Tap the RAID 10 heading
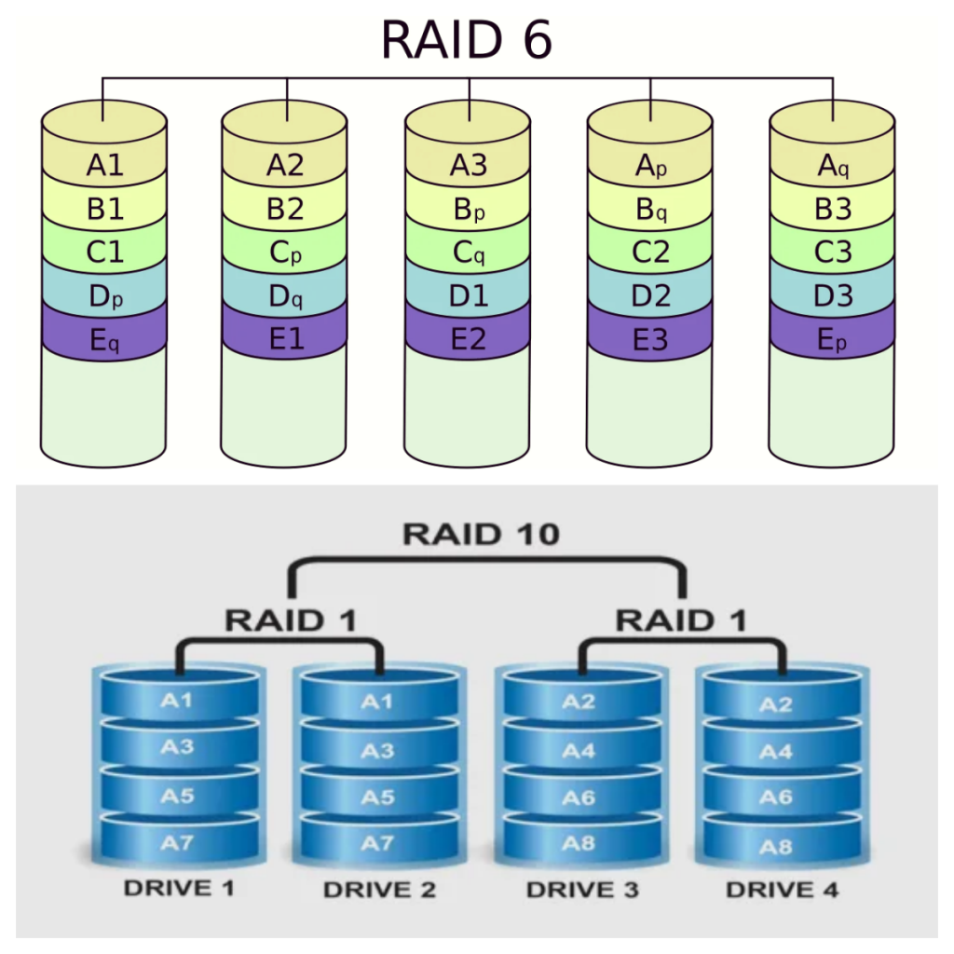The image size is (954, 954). [x=481, y=534]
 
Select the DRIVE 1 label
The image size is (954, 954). [x=178, y=888]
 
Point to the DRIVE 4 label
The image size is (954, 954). [x=782, y=890]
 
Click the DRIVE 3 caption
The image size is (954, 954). [x=582, y=890]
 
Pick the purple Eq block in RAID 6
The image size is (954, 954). [x=104, y=341]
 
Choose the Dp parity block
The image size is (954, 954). [x=104, y=297]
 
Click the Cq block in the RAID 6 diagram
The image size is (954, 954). [x=469, y=253]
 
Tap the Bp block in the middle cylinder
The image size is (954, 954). [x=469, y=210]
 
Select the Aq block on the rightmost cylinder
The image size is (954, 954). [x=833, y=166]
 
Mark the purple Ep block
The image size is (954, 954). [x=833, y=341]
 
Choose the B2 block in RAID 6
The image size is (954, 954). [x=285, y=210]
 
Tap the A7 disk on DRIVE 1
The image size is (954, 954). [x=177, y=843]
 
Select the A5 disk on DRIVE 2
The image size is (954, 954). [x=376, y=797]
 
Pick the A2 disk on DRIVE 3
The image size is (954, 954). [x=579, y=702]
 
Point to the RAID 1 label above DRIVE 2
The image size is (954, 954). [x=291, y=620]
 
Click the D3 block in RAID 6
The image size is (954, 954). [x=833, y=297]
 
